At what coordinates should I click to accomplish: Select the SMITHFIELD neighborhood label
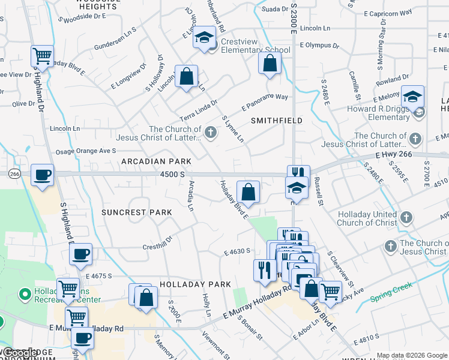coord(276,121)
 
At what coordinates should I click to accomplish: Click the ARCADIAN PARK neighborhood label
coord(156,161)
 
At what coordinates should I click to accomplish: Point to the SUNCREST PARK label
coord(136,212)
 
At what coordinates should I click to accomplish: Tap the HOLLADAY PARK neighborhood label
coord(195,284)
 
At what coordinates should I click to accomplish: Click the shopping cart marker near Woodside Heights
coord(42,56)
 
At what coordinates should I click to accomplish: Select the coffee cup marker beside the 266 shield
coord(42,175)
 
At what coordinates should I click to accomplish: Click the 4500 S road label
coord(173,174)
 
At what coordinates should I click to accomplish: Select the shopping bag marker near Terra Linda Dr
coord(187,77)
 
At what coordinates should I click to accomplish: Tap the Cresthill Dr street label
coord(157,247)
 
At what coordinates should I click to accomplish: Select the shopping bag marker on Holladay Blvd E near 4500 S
coord(248,193)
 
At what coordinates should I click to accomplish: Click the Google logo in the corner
coord(21,353)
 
